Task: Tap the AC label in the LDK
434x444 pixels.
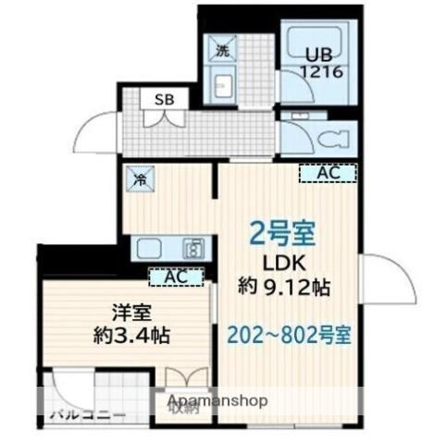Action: pos(328,172)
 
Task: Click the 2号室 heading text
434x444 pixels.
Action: pos(284,231)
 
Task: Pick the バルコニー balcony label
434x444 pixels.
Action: pos(87,413)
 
